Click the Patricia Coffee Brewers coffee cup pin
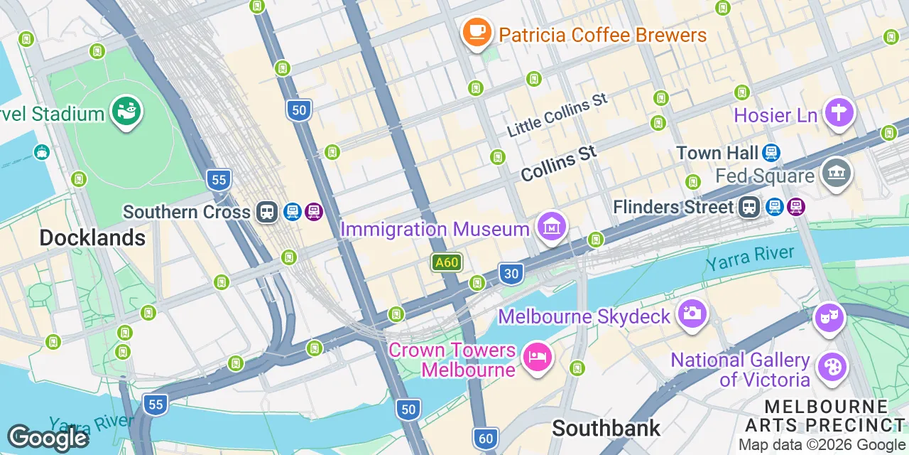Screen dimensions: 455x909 tap(477, 32)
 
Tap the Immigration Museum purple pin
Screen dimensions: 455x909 tap(552, 226)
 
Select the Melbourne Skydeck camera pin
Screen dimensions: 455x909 tap(692, 313)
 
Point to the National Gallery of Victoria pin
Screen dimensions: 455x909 tap(830, 368)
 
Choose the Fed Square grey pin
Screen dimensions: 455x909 tap(837, 172)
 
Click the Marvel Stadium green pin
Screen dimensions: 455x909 tap(127, 112)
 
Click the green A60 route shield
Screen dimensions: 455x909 tap(447, 262)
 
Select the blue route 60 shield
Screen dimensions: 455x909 tap(486, 438)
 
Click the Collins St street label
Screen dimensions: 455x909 tap(558, 164)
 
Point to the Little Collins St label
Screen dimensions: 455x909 tap(557, 114)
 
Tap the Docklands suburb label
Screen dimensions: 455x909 tap(92, 237)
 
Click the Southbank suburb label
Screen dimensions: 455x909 tap(606, 428)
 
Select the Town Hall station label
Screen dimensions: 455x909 tap(717, 153)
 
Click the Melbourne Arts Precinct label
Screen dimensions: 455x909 tap(826, 415)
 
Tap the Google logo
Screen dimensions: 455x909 tap(48, 437)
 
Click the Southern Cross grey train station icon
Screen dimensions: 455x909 tap(268, 212)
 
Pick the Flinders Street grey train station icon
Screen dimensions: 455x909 tap(749, 207)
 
